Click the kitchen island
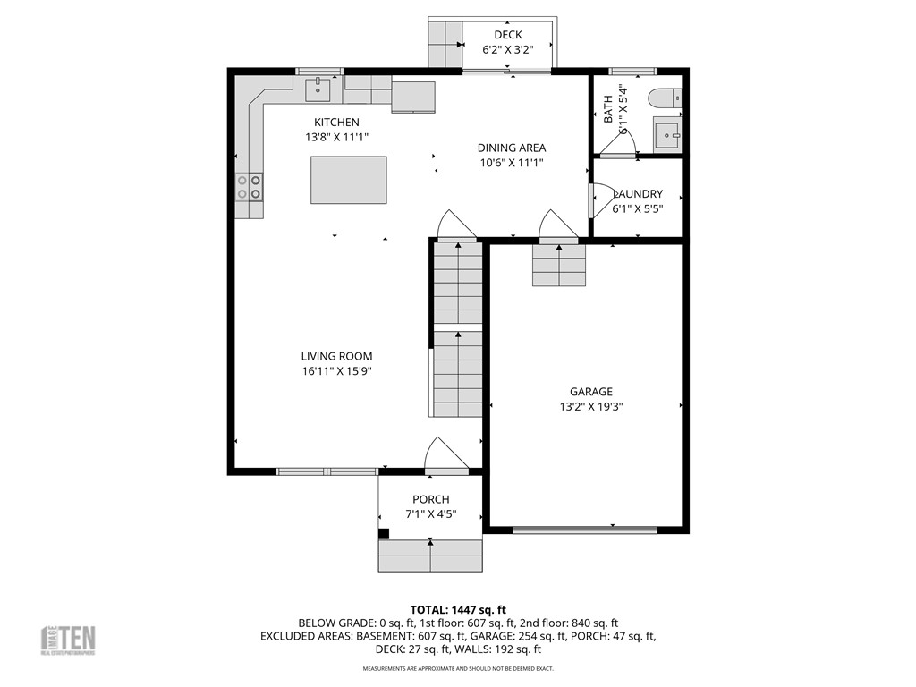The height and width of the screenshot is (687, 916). coord(349,180)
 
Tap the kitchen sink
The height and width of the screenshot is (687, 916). coord(318,89)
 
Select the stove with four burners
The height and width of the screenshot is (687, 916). coord(250,186)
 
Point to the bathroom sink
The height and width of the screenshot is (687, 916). coord(667,134)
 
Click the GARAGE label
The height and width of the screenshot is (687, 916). coord(591,391)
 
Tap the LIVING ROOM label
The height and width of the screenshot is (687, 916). coord(336,356)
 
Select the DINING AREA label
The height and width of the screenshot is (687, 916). coord(511,148)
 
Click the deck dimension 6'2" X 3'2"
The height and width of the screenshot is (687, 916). coord(508,50)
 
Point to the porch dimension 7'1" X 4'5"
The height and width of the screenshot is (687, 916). coord(430,513)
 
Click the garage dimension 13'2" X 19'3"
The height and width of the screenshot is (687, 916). coord(591,406)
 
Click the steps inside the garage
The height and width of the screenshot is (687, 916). coord(559,266)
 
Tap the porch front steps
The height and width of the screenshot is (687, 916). coord(430,556)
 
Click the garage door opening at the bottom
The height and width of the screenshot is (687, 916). coord(585,530)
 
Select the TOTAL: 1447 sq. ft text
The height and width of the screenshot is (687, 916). coord(458,609)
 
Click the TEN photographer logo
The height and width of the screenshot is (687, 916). coord(69,640)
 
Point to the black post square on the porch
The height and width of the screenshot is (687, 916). coord(384,533)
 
